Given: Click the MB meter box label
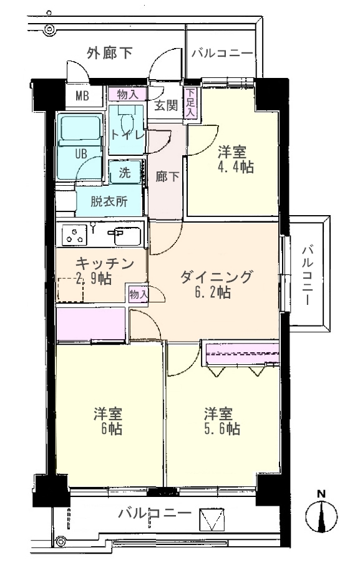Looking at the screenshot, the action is pyautogui.click(x=82, y=97).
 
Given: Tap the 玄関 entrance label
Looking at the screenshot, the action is pyautogui.click(x=166, y=106).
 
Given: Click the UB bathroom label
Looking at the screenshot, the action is pyautogui.click(x=81, y=153).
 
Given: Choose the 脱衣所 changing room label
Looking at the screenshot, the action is pyautogui.click(x=109, y=202).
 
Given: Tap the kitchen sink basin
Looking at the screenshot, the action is pyautogui.click(x=127, y=236).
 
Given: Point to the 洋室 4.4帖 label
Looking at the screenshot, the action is pyautogui.click(x=235, y=160).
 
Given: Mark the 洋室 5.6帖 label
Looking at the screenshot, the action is pyautogui.click(x=221, y=421).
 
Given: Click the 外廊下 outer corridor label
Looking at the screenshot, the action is pyautogui.click(x=109, y=53).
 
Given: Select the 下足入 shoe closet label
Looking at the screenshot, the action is pyautogui.click(x=190, y=102).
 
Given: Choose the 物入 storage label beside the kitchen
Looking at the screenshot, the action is pyautogui.click(x=138, y=294).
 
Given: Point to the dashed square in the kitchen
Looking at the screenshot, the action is pyautogui.click(x=71, y=289).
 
